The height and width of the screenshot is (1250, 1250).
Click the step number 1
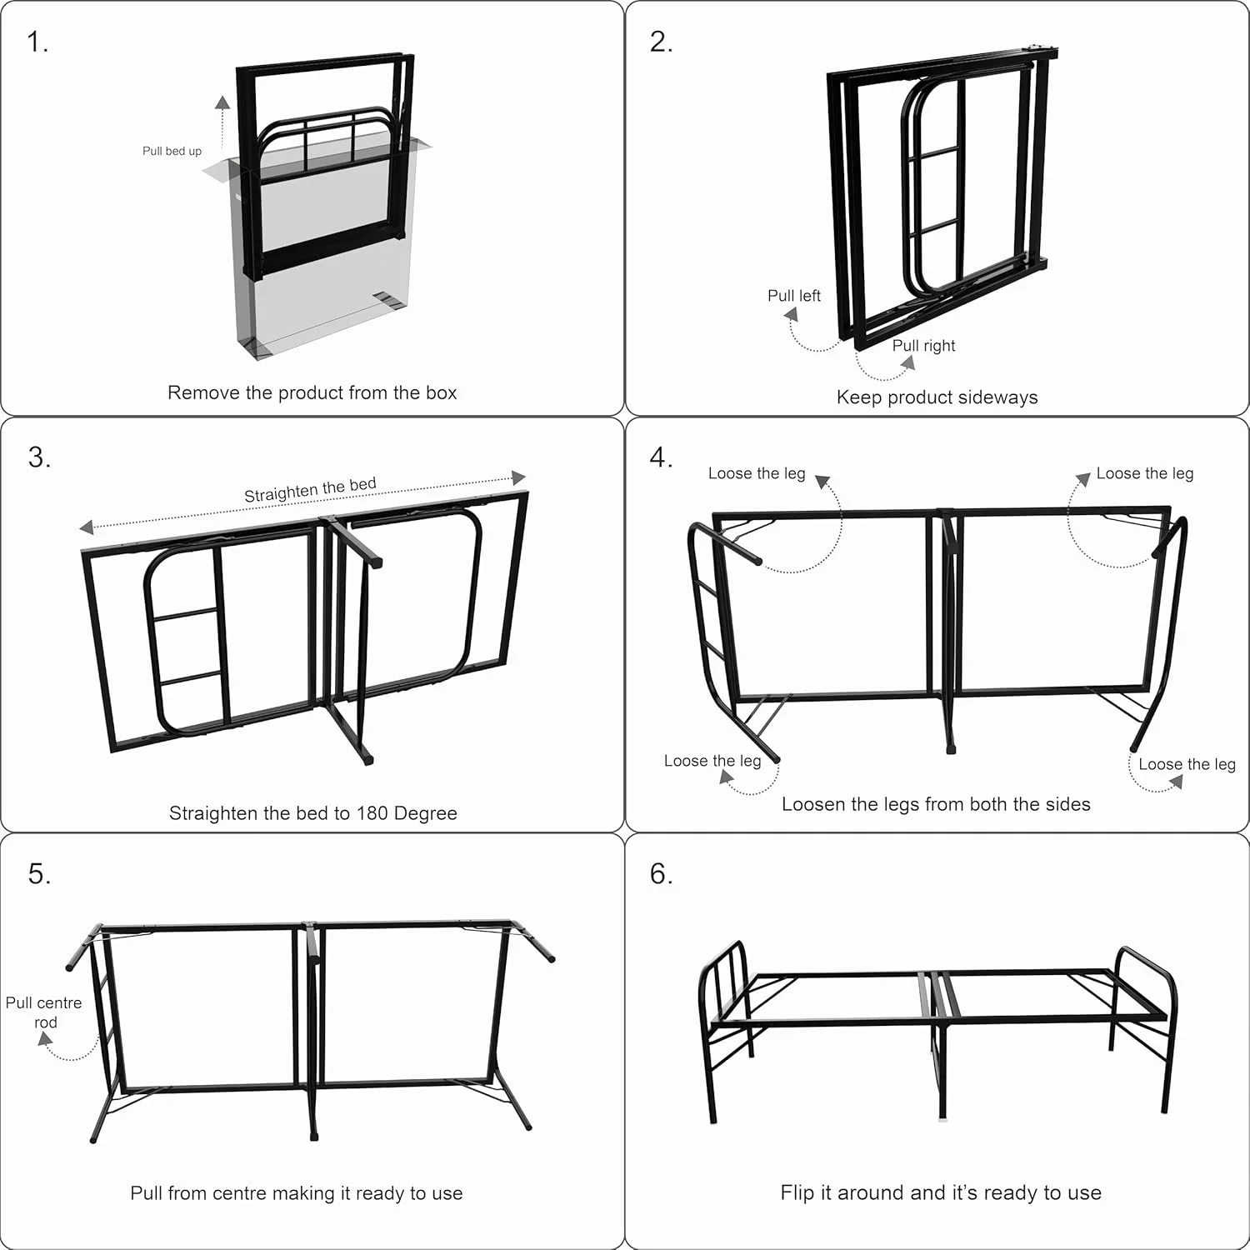point(37,42)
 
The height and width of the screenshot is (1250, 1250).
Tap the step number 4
point(661,457)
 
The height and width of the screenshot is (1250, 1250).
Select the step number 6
point(661,873)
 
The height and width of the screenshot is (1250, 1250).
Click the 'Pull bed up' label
point(172,151)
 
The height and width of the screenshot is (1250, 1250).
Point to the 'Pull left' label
point(793,296)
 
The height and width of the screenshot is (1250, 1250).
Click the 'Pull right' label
point(923,346)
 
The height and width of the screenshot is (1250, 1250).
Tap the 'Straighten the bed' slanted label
point(310,490)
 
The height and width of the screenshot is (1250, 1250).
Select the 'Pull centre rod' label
point(44,1012)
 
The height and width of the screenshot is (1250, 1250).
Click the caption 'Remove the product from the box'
point(312,392)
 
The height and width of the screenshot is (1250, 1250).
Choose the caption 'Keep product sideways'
point(937,397)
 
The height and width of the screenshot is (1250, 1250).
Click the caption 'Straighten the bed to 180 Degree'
point(313,813)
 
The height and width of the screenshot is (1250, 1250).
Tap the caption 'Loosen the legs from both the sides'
point(936,804)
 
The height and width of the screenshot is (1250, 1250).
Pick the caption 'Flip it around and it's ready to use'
point(941,1193)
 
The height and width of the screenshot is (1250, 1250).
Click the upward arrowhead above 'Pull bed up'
point(222,102)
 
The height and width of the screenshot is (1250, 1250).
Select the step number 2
point(661,42)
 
